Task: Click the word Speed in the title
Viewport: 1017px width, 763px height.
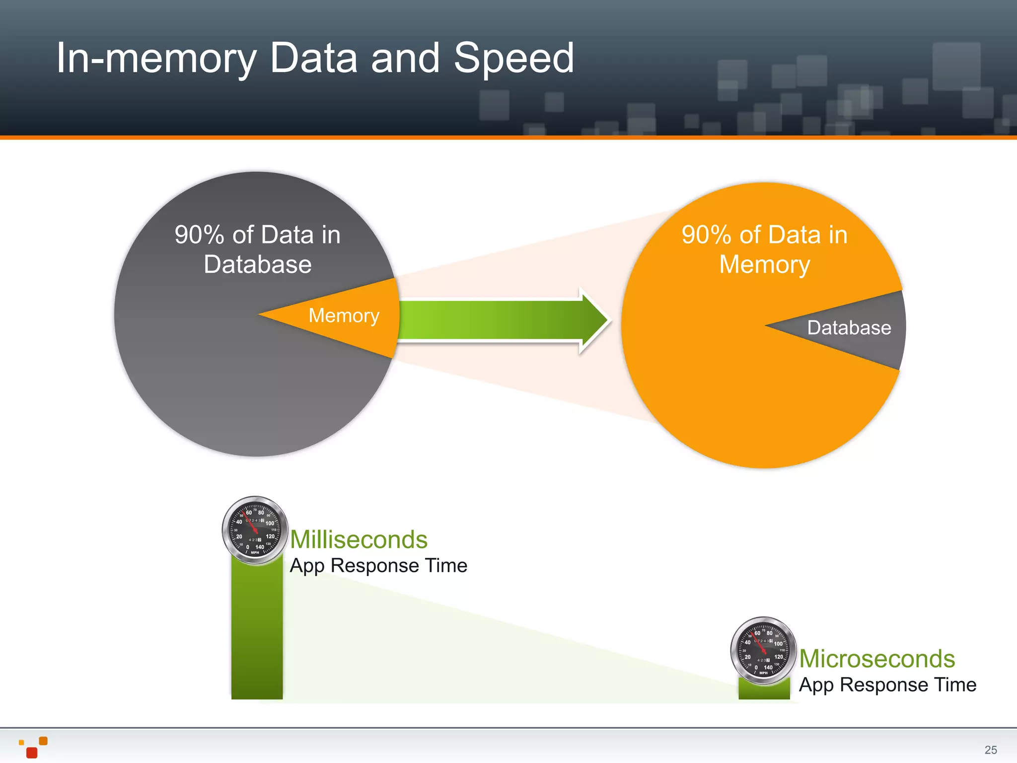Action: point(514,59)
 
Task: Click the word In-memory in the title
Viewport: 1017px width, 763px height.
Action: point(156,59)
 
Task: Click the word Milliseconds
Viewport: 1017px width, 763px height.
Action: point(359,539)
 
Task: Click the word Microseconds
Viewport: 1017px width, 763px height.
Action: point(877,659)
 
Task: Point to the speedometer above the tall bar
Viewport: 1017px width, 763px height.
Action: point(255,530)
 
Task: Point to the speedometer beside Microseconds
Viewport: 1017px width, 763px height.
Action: point(763,651)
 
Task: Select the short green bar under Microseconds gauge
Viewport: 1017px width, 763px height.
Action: point(764,690)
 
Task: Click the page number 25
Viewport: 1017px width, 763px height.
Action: point(991,750)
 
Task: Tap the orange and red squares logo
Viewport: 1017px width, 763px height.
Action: point(33,747)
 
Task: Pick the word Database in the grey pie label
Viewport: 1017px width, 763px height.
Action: point(258,264)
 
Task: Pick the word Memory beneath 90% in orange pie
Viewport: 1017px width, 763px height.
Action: point(765,264)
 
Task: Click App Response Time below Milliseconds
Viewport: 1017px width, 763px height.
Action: point(378,566)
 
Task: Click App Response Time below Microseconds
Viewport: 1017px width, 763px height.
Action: point(887,685)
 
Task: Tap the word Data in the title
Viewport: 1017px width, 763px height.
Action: point(313,59)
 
